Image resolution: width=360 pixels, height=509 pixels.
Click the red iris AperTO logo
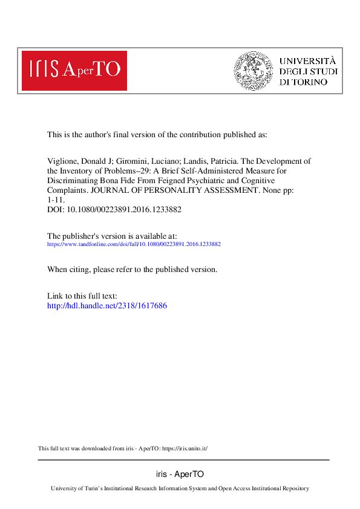pos(74,70)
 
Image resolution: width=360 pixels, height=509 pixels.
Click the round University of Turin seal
pos(253,70)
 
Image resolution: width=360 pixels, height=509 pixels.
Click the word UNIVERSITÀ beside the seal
pos(307,60)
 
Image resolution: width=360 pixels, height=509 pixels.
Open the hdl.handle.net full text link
pos(106,306)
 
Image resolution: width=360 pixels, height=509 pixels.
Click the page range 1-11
pos(56,200)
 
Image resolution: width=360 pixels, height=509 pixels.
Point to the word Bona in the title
pos(125,181)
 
